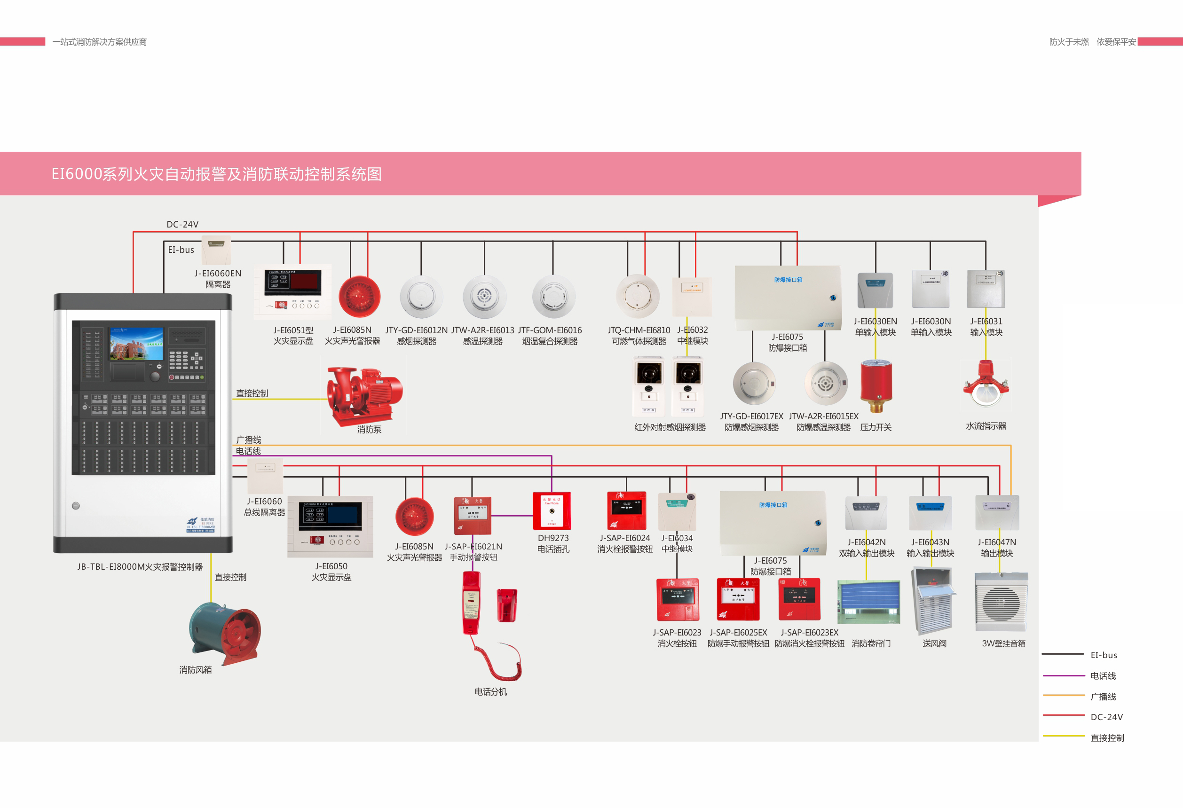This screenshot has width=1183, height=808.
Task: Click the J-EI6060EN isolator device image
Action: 216,250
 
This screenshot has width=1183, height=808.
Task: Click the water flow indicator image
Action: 986,384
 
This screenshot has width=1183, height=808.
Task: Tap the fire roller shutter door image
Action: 868,602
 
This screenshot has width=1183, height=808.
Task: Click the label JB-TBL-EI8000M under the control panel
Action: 140,567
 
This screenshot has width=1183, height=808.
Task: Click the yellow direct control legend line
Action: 1064,736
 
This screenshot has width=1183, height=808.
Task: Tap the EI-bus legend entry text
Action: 1104,655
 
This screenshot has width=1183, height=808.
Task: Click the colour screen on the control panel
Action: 136,344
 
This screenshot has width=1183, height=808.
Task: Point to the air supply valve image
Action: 933,600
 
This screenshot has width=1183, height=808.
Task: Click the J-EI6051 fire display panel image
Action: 293,291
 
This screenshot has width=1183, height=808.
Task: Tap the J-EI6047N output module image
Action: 997,513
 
